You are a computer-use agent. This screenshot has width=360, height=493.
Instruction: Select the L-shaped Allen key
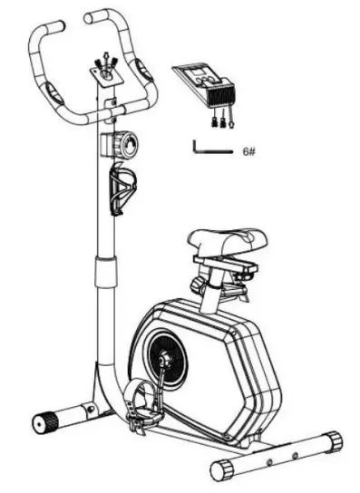pyautogui.click(x=209, y=148)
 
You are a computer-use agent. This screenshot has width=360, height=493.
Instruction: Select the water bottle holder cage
pyautogui.click(x=122, y=185)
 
